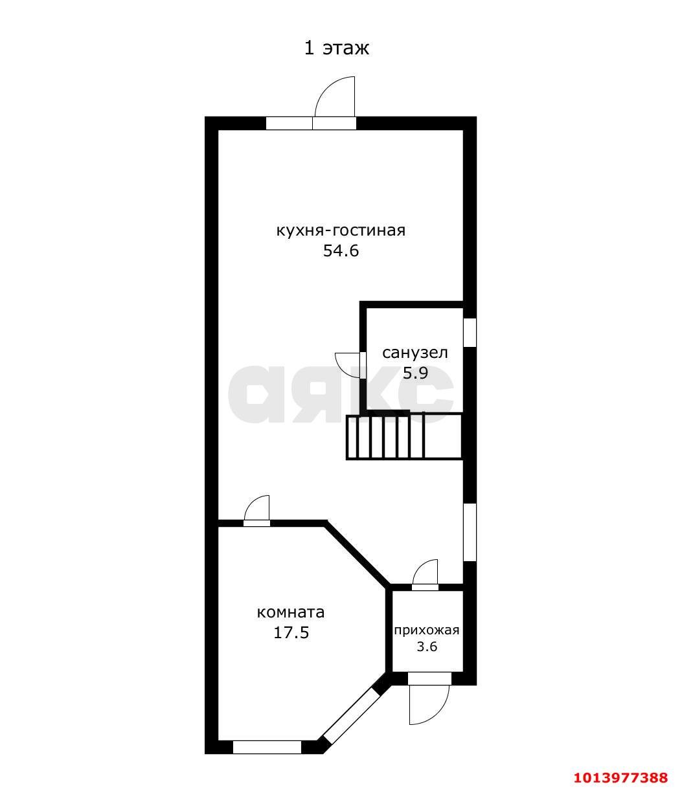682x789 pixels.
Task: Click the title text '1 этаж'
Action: point(336,49)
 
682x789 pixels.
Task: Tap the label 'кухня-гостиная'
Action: point(341,231)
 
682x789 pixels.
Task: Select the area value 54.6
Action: point(341,250)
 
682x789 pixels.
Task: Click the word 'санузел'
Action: point(415,353)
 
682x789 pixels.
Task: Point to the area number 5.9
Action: point(415,373)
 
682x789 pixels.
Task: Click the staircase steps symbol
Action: point(404,437)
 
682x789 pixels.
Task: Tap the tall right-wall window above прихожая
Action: point(470,532)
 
